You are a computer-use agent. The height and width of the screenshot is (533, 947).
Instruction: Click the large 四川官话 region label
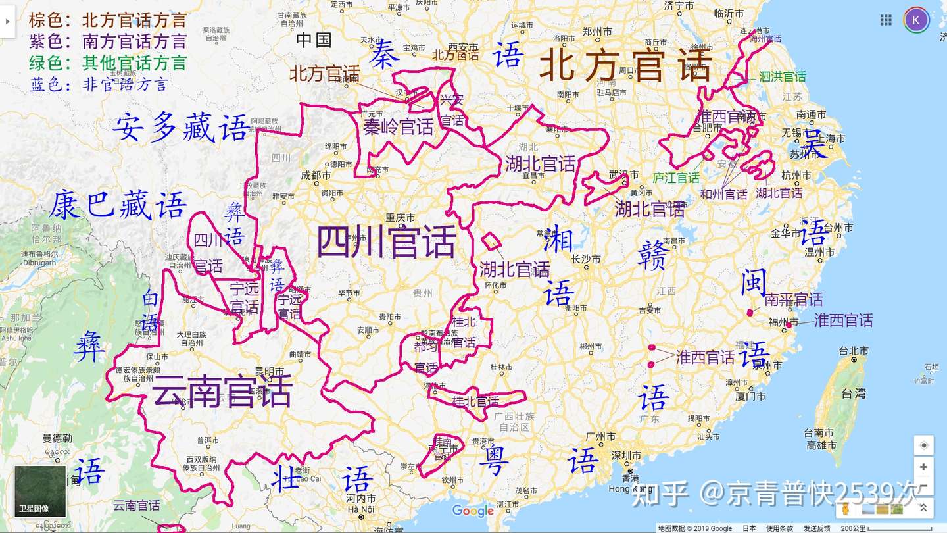pyautogui.click(x=387, y=241)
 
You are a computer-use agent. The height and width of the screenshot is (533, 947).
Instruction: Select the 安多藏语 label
pyautogui.click(x=181, y=127)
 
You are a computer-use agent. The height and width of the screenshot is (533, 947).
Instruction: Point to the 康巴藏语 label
pyautogui.click(x=118, y=205)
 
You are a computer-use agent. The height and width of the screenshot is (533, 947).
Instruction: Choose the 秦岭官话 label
pyautogui.click(x=399, y=126)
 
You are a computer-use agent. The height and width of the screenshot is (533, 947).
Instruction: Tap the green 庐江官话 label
pyautogui.click(x=676, y=178)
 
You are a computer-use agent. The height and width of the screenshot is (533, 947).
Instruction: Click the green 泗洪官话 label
pyautogui.click(x=782, y=77)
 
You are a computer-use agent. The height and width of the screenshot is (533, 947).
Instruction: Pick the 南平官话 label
pyautogui.click(x=793, y=300)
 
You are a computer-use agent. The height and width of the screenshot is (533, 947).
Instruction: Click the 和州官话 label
pyautogui.click(x=723, y=194)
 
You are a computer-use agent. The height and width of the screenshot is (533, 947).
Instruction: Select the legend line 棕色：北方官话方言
pyautogui.click(x=108, y=20)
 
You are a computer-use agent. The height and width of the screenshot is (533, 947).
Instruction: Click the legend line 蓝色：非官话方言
pyautogui.click(x=99, y=84)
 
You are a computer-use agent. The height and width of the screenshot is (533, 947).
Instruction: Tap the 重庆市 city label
pyautogui.click(x=401, y=218)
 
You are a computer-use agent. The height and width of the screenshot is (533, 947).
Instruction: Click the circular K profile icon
pyautogui.click(x=916, y=20)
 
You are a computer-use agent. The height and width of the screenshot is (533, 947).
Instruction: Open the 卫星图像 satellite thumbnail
pyautogui.click(x=40, y=491)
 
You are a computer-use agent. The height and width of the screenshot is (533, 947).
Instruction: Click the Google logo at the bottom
pyautogui.click(x=472, y=511)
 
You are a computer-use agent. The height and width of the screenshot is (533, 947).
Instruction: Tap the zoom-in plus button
pyautogui.click(x=923, y=467)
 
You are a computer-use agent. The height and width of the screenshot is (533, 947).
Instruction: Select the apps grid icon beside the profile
pyautogui.click(x=886, y=20)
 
